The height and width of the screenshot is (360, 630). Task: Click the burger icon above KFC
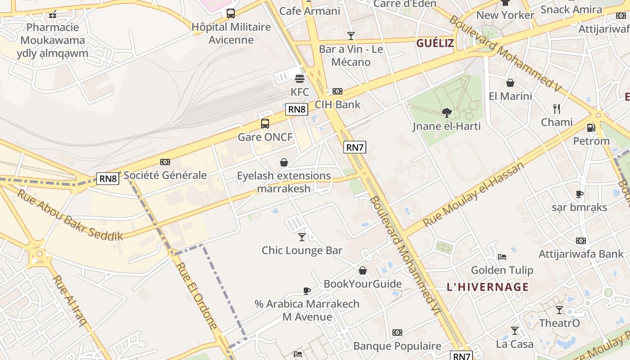pos(300,79)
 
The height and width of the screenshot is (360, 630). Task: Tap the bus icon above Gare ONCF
pos(265,123)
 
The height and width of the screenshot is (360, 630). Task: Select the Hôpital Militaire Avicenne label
pos(231,33)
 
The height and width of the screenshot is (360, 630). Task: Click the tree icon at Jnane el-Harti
pos(446,112)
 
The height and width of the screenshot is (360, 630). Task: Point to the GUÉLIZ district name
pos(435,43)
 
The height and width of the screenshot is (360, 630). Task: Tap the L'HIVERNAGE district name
pos(488,287)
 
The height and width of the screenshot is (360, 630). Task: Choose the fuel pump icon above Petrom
pos(591,127)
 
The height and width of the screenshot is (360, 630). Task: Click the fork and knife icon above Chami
pos(557,108)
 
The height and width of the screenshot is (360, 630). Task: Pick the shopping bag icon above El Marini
pos(510,83)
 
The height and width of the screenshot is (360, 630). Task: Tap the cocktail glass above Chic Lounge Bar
pos(302,237)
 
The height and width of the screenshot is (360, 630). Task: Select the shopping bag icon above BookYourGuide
pos(363,270)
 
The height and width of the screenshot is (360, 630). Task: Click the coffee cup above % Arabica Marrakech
pos(307,291)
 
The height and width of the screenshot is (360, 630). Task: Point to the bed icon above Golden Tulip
pos(502,257)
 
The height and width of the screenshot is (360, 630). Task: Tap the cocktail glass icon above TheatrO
pos(559,310)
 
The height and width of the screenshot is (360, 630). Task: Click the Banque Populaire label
pos(397,346)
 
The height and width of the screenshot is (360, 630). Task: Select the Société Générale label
pos(165,175)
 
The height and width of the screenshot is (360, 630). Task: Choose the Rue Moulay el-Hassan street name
pos(474,194)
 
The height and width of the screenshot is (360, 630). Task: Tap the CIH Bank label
pos(337,104)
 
